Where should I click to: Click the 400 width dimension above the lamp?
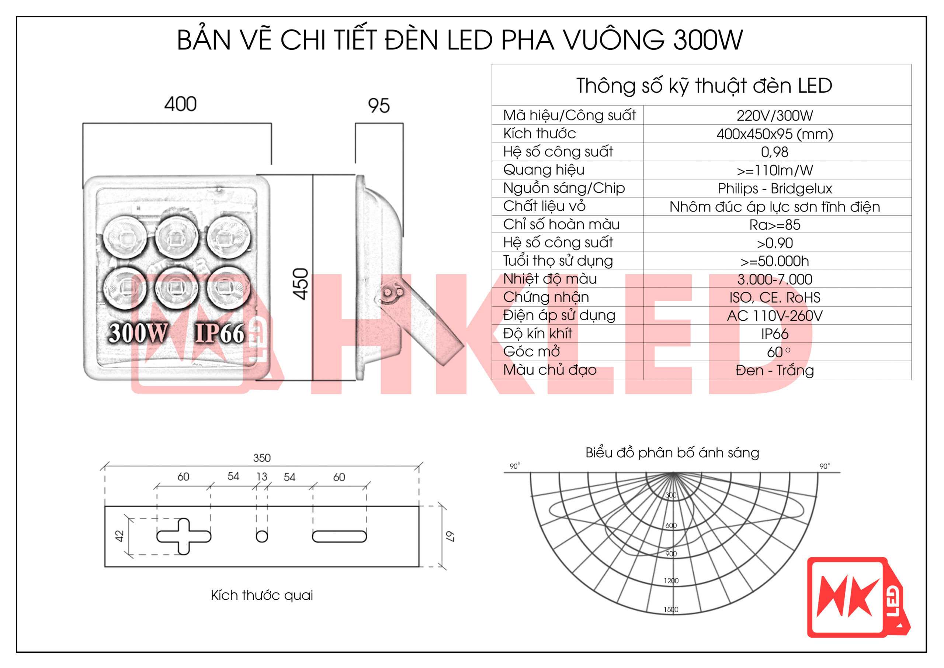180,104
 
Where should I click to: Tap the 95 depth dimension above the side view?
378,106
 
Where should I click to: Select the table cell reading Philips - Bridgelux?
774,189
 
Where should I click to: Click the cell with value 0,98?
774,152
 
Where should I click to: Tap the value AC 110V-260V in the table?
774,316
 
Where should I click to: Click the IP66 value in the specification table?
774,334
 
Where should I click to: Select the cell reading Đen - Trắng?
774,371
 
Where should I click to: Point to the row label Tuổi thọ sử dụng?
558,261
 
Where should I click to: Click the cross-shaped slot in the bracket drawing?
184,536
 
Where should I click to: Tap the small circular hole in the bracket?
261,536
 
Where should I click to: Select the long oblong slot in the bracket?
339,536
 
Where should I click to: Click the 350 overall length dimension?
261,458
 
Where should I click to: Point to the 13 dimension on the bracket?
261,476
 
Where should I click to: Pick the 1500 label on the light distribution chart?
671,610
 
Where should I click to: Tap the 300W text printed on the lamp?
138,333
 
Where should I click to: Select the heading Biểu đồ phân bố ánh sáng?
672,453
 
